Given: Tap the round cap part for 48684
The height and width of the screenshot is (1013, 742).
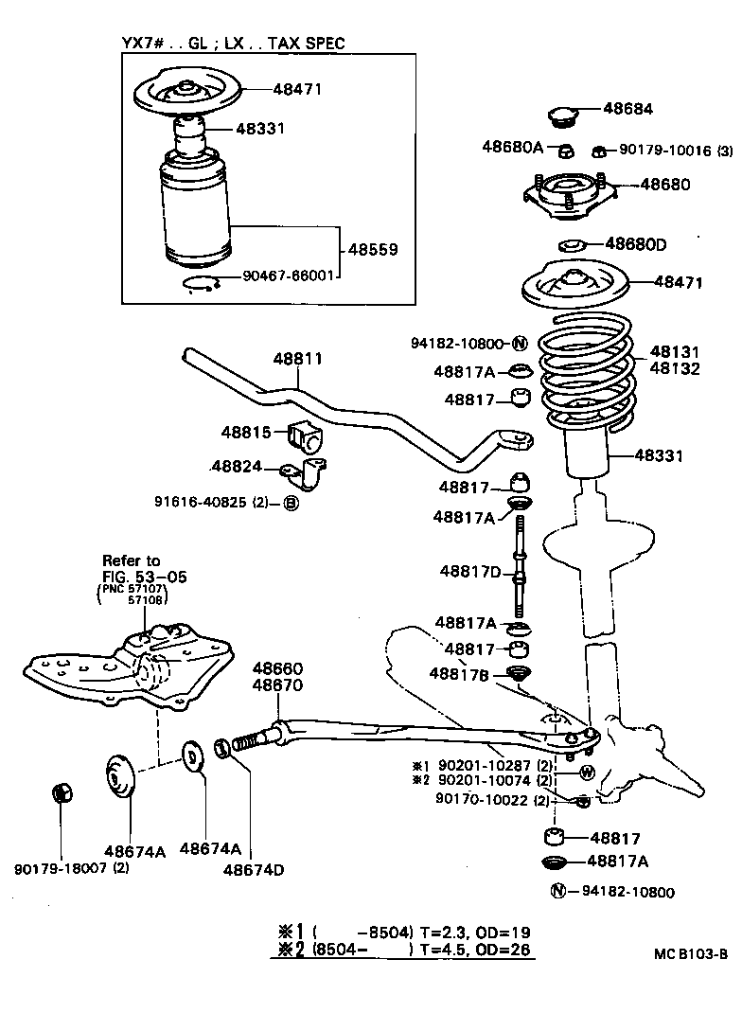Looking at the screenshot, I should pyautogui.click(x=564, y=117).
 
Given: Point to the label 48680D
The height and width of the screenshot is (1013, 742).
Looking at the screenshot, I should pyautogui.click(x=636, y=244).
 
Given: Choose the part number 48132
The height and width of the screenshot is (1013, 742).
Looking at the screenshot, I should pyautogui.click(x=675, y=368).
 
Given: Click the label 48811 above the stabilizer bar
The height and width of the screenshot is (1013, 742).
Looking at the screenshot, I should pyautogui.click(x=298, y=359).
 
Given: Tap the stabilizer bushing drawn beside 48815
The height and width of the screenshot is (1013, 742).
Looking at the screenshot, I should pyautogui.click(x=309, y=435).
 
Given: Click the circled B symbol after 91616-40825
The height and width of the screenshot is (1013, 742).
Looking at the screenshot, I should pyautogui.click(x=291, y=502).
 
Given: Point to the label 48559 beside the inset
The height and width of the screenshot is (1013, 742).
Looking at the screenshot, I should pyautogui.click(x=372, y=250).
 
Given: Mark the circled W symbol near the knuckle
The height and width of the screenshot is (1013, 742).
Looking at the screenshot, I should pyautogui.click(x=586, y=772).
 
